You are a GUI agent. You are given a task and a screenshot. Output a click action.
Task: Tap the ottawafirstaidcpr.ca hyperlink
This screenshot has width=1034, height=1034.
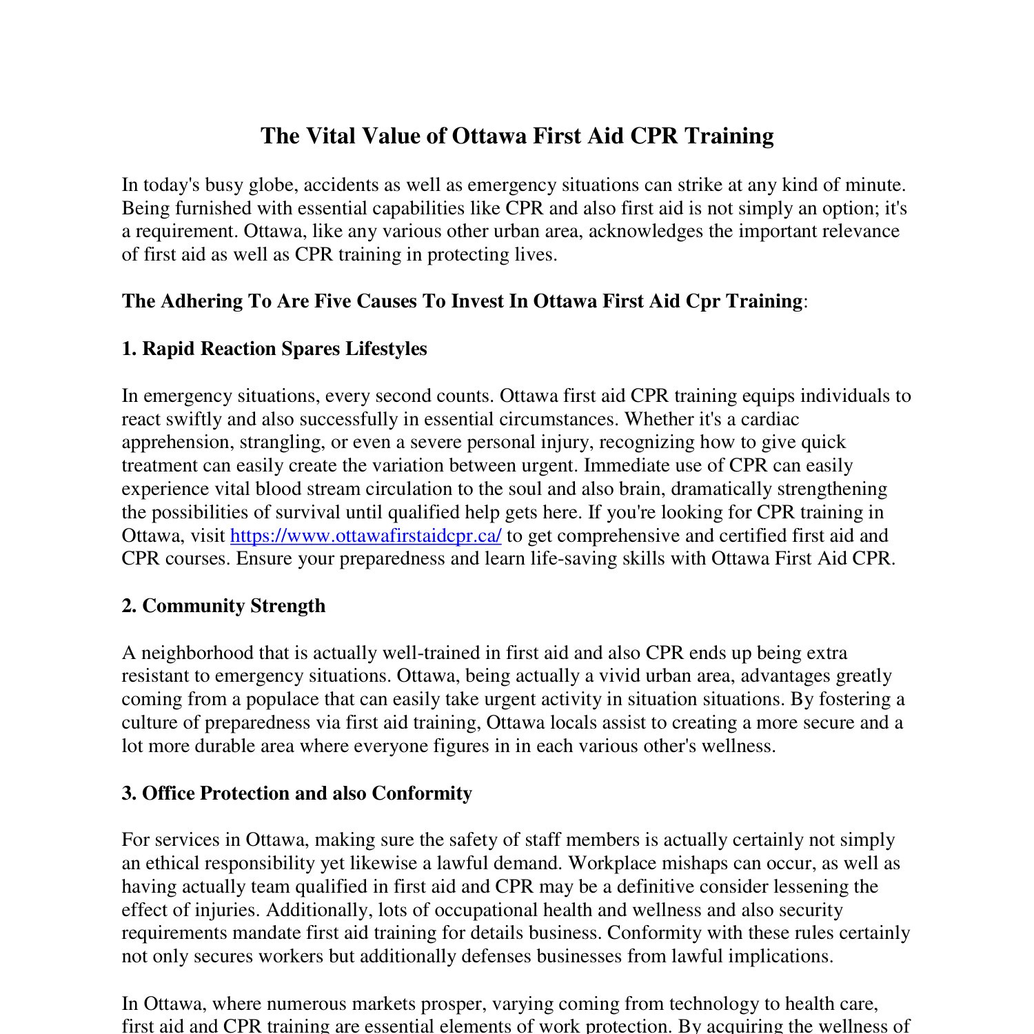click(365, 536)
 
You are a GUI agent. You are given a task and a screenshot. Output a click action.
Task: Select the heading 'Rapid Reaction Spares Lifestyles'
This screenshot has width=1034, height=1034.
click(284, 349)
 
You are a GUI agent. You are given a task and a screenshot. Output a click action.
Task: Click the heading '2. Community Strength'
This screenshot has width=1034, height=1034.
click(223, 606)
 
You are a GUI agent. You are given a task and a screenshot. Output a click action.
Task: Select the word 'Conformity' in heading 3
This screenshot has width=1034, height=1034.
click(422, 793)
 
